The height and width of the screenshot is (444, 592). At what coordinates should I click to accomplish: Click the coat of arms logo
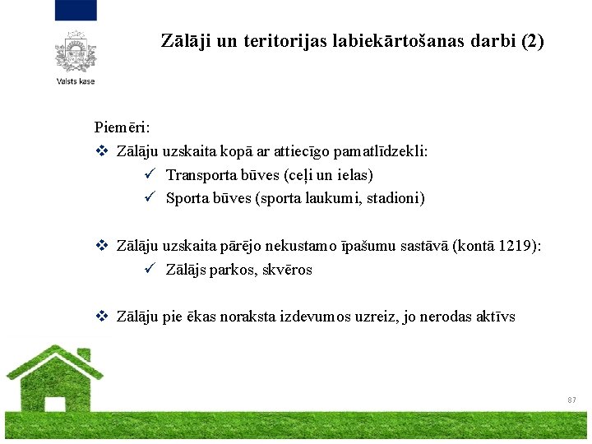pyautogui.click(x=76, y=51)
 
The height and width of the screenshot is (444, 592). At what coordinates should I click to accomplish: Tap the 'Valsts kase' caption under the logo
pyautogui.click(x=76, y=81)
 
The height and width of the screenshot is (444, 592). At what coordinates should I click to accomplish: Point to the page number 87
pyautogui.click(x=571, y=400)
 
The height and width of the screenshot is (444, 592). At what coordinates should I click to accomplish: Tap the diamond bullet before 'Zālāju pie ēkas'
pyautogui.click(x=102, y=317)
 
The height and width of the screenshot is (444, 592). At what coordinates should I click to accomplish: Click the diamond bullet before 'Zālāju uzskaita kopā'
pyautogui.click(x=102, y=151)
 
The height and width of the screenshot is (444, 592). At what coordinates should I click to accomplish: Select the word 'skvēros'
pyautogui.click(x=288, y=270)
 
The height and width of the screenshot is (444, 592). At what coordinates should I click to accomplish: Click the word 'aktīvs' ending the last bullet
pyautogui.click(x=496, y=317)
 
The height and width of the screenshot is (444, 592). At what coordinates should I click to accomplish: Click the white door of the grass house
pyautogui.click(x=55, y=404)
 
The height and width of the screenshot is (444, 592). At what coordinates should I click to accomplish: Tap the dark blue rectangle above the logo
pyautogui.click(x=76, y=10)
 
